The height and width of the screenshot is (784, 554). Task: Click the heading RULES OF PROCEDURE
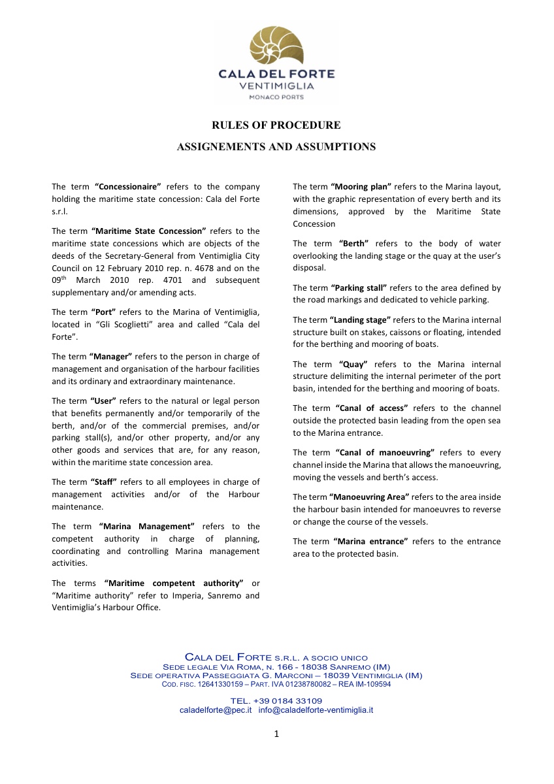[276, 125]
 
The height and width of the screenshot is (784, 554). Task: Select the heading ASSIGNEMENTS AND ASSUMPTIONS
[276, 147]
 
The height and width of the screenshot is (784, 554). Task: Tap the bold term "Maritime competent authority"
[174, 583]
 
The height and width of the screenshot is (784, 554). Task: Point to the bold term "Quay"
[353, 364]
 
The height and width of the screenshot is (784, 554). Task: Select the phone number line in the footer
[276, 701]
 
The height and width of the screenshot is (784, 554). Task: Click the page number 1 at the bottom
[276, 734]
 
